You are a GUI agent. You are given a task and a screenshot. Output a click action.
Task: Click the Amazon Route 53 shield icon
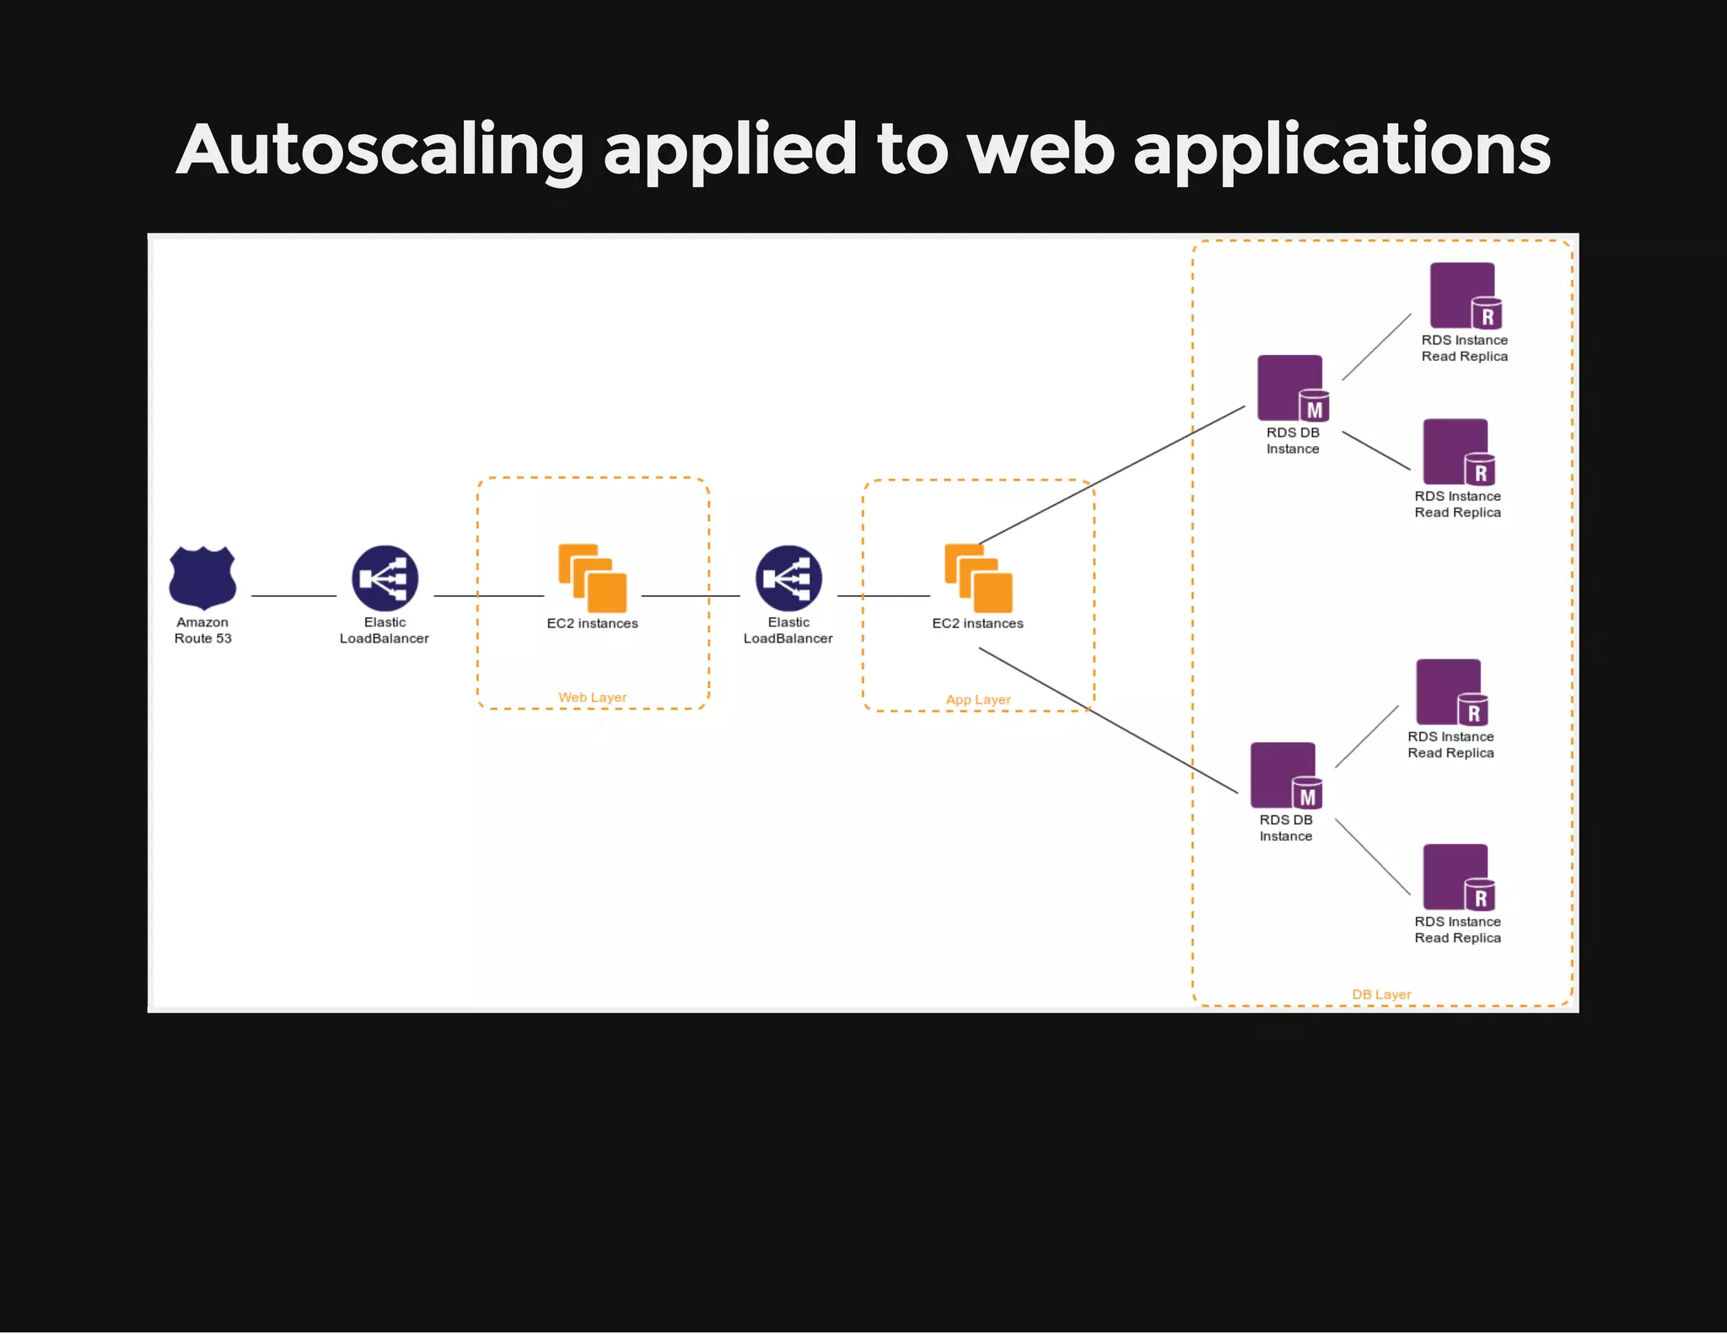click(202, 578)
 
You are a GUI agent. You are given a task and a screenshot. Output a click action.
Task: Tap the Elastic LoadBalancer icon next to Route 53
click(385, 578)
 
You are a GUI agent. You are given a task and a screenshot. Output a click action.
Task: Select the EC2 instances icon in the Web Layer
click(592, 578)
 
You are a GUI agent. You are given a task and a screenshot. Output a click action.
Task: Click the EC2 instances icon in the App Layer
click(978, 578)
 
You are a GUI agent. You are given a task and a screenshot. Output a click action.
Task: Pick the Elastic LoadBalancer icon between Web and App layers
click(788, 578)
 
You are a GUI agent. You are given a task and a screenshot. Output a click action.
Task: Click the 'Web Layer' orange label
click(592, 697)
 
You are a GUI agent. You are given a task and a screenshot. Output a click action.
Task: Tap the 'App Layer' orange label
click(977, 700)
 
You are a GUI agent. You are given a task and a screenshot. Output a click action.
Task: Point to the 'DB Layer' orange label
click(1380, 995)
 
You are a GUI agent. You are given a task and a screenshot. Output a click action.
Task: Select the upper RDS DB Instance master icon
click(1292, 388)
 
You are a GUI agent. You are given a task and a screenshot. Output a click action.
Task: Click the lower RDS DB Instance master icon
click(1285, 776)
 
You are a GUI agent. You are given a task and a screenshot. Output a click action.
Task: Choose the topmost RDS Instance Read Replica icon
click(1465, 295)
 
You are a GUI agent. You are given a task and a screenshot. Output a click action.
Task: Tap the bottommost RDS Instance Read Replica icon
click(1458, 877)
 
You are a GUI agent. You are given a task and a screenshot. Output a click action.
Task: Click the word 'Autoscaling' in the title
click(379, 150)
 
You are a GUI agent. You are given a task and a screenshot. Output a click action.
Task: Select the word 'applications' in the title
click(1342, 150)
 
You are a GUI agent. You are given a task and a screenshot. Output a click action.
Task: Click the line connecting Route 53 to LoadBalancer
click(293, 596)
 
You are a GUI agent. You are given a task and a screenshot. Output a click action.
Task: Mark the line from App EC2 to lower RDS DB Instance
click(1108, 721)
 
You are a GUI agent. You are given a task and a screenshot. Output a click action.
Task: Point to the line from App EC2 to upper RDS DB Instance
click(1111, 475)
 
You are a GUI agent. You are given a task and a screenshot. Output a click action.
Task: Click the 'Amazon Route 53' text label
click(202, 631)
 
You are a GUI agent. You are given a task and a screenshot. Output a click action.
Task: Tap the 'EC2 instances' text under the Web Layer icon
click(592, 624)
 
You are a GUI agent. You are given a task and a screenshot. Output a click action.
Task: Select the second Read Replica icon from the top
click(1458, 452)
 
